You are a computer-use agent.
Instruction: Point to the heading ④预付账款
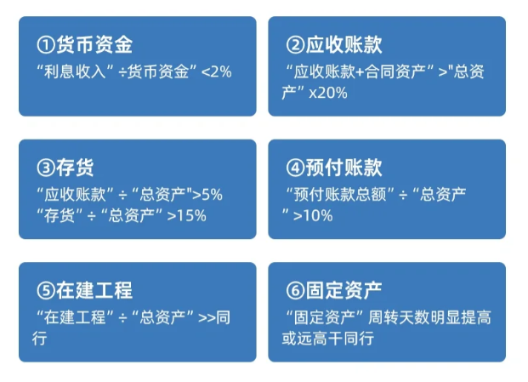tap(333, 167)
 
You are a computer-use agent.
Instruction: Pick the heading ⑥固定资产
tap(333, 290)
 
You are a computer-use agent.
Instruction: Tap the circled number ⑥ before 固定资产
tap(295, 290)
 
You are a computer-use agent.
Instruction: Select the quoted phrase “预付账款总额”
tap(340, 194)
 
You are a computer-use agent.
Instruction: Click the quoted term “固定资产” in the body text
tap(323, 317)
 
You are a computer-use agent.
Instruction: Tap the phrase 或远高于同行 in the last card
tap(327, 338)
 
